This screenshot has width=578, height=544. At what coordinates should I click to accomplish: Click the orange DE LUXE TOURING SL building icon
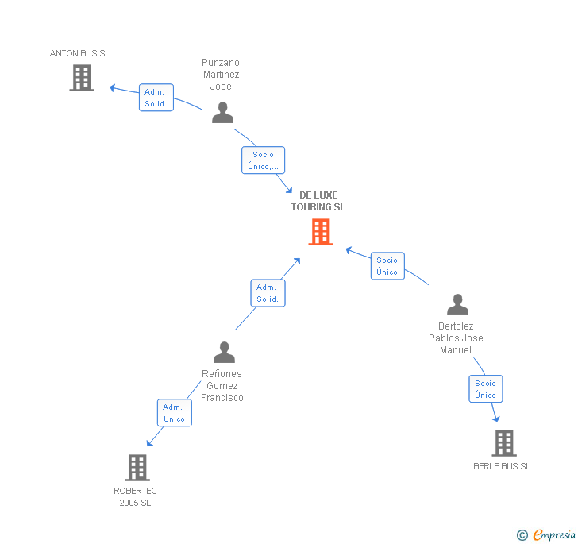click(x=321, y=232)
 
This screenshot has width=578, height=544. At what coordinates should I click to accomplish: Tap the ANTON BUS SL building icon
click(x=82, y=78)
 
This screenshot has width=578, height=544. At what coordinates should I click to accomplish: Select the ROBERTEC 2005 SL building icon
click(x=137, y=468)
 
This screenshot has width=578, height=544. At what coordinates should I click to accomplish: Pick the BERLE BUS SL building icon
click(x=504, y=443)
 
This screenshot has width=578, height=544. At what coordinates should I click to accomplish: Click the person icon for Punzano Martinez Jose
click(x=222, y=113)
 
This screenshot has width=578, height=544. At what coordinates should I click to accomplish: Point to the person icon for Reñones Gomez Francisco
click(x=225, y=352)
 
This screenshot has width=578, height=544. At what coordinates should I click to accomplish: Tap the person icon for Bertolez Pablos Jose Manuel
click(x=457, y=305)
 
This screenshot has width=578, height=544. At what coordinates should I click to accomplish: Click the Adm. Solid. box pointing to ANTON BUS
click(x=156, y=98)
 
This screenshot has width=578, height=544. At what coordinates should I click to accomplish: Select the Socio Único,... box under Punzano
click(x=263, y=160)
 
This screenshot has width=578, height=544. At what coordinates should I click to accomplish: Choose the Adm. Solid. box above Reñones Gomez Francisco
click(x=268, y=293)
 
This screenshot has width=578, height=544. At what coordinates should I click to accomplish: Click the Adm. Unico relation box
click(x=174, y=413)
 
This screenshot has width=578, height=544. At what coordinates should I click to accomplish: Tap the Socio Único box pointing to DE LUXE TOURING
click(x=387, y=266)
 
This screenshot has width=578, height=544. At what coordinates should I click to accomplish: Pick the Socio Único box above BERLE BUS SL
click(x=485, y=389)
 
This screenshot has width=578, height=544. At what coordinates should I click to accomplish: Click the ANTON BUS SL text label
click(x=80, y=53)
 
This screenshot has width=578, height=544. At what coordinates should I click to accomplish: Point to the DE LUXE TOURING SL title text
click(x=318, y=201)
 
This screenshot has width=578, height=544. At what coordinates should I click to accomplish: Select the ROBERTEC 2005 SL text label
click(x=135, y=497)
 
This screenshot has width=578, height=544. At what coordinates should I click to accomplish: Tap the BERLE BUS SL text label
click(x=502, y=466)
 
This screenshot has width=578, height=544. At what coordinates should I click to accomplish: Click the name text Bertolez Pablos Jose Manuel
click(x=456, y=338)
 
